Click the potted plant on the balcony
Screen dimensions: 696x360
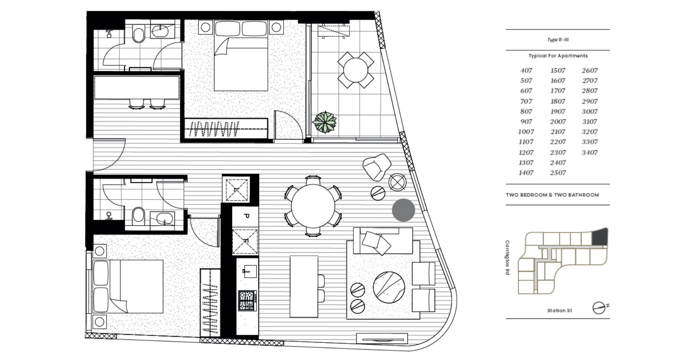click(325, 122)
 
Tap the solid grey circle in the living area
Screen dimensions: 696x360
click(403, 210)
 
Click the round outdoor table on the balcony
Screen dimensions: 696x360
click(356, 70)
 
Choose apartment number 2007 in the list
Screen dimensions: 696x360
click(557, 122)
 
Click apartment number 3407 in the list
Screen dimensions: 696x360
click(590, 153)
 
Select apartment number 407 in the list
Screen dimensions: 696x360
click(526, 71)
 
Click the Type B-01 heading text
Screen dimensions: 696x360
click(558, 40)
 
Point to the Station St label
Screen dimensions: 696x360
click(559, 310)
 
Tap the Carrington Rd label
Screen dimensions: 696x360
click(507, 257)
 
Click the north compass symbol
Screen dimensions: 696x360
click(599, 307)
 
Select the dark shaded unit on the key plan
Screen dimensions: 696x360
click(599, 237)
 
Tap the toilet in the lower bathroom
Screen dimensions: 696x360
click(138, 216)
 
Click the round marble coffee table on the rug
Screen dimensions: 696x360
click(389, 288)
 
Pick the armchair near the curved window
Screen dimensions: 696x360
click(377, 166)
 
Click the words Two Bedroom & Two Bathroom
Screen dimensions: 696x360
click(552, 195)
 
